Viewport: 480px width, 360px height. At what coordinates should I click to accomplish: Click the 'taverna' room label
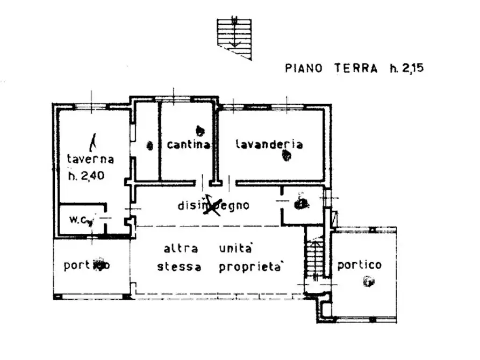click(90, 159)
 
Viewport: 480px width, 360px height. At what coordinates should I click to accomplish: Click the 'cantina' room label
click(188, 145)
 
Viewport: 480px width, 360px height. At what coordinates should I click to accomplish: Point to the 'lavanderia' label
click(269, 144)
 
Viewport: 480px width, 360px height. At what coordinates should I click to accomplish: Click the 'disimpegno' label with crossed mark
click(213, 205)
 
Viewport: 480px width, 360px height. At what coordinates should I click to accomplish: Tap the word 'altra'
click(181, 249)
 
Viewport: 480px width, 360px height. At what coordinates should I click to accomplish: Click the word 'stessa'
click(180, 267)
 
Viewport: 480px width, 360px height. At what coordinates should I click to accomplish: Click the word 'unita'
click(236, 249)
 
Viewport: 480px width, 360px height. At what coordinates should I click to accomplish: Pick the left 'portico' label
click(87, 265)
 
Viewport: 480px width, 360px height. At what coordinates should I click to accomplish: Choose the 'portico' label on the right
click(360, 265)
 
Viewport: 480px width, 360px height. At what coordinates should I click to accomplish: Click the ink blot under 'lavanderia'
click(287, 156)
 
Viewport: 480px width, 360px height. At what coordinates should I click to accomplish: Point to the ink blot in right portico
click(368, 280)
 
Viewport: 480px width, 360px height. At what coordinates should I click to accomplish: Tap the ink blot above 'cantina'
click(200, 129)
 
